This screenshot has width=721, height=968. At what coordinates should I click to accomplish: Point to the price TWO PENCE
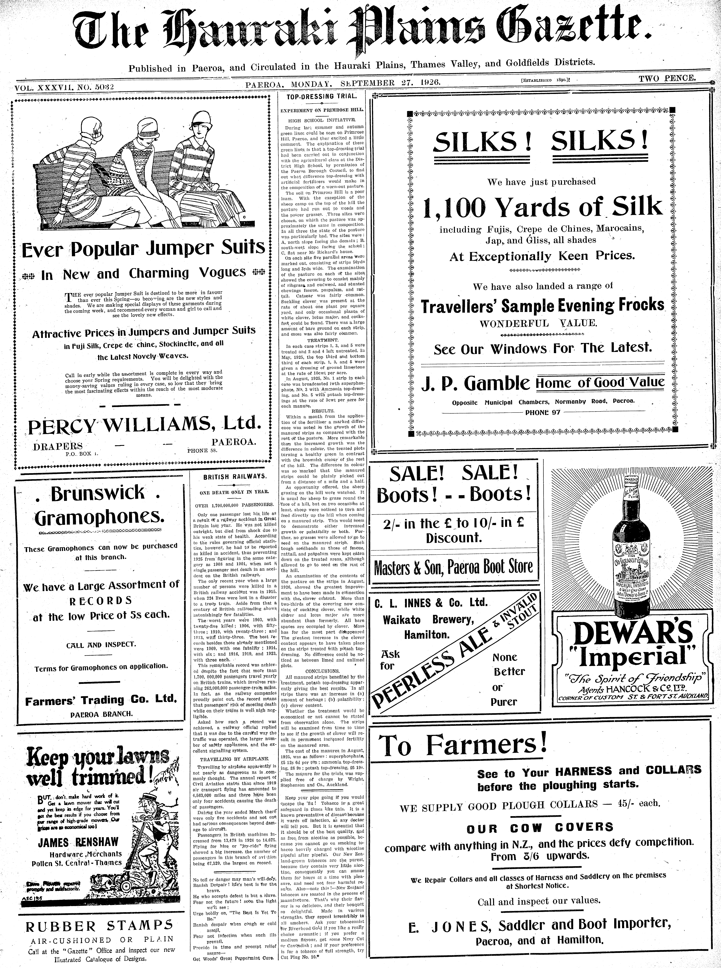pyautogui.click(x=667, y=79)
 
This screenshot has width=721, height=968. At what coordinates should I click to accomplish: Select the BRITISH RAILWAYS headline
pyautogui.click(x=234, y=477)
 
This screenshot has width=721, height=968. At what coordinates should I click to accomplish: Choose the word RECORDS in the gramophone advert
pyautogui.click(x=101, y=601)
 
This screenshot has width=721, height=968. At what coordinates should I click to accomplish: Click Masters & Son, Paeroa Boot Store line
pyautogui.click(x=453, y=567)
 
